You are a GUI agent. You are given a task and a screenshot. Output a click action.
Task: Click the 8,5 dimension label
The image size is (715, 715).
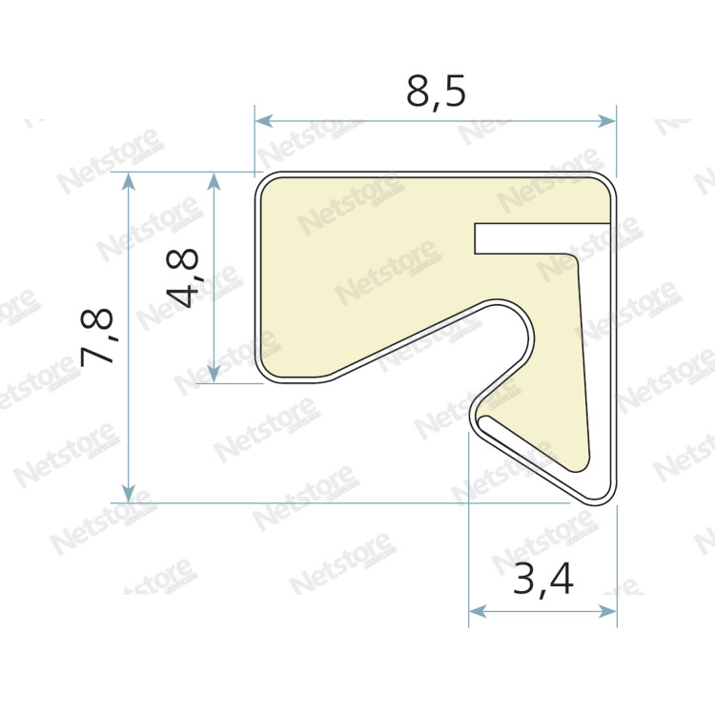436,92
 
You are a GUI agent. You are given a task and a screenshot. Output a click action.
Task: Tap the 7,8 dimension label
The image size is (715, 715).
97,337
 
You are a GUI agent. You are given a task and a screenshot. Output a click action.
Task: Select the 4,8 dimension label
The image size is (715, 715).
183,277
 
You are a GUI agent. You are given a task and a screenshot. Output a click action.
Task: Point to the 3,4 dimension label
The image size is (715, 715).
543,580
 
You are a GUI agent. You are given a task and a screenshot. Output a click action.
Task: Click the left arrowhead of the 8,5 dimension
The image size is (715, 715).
263,121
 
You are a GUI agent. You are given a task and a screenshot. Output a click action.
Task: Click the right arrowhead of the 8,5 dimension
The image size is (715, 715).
607,121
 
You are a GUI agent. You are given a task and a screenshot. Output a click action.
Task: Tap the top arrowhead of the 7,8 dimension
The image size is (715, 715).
129,181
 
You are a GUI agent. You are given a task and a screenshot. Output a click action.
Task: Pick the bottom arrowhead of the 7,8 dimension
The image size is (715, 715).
129,494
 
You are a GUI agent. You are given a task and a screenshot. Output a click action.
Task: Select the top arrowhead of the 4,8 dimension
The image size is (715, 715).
214,181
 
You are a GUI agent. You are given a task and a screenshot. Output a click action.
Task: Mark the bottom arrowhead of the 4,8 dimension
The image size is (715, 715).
214,374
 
